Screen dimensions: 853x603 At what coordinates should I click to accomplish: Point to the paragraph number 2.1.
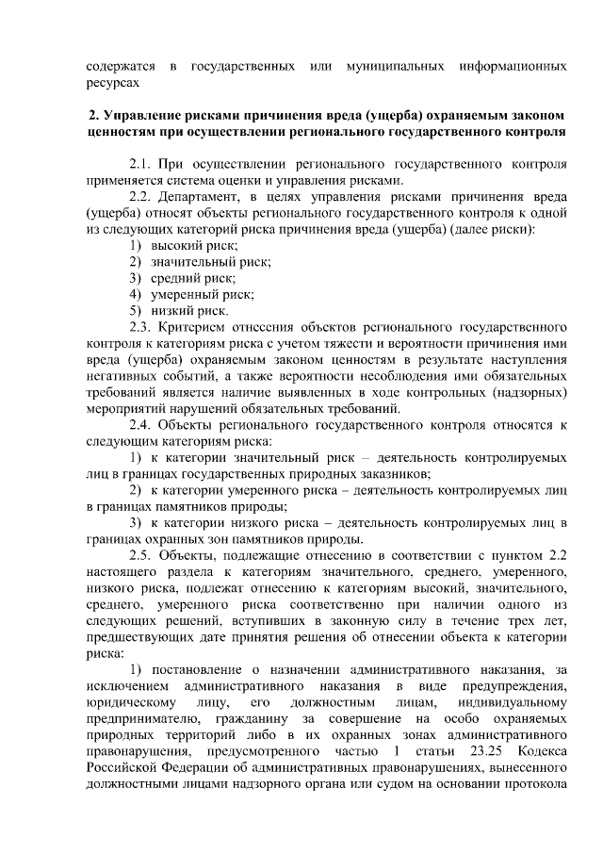pos(142,163)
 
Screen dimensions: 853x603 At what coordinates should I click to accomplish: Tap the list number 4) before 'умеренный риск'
pos(136,294)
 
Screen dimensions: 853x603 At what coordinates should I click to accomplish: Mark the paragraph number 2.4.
pos(142,425)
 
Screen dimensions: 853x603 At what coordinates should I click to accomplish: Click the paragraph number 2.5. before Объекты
pos(142,555)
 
